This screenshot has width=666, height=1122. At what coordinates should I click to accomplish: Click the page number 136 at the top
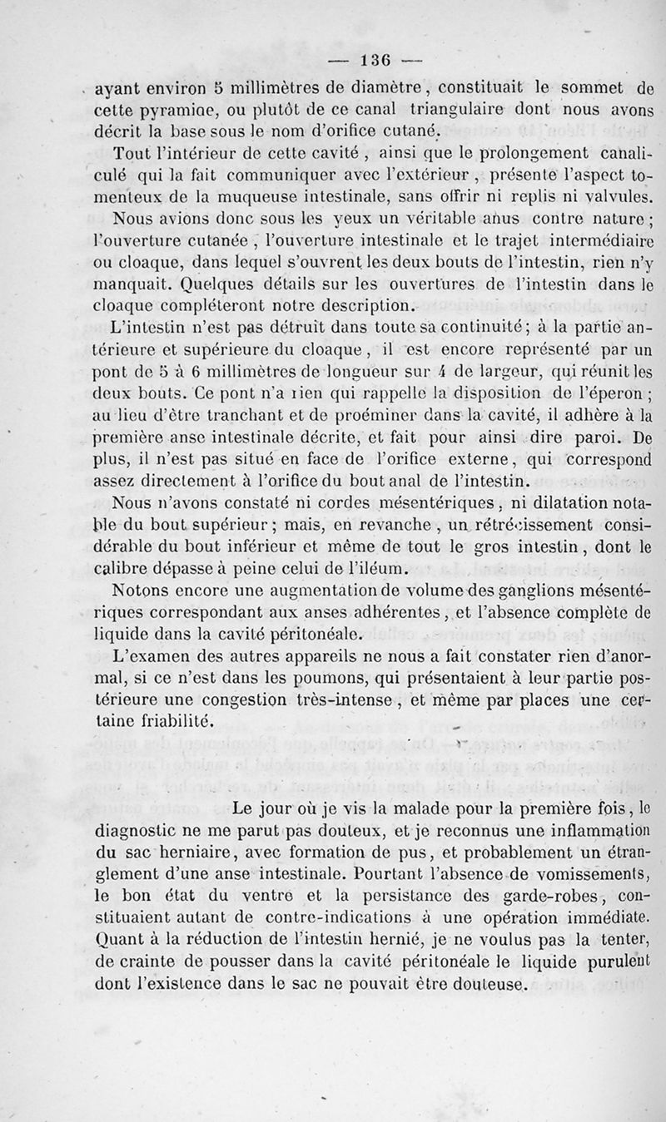375,60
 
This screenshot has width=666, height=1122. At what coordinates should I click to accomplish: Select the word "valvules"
617,198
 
